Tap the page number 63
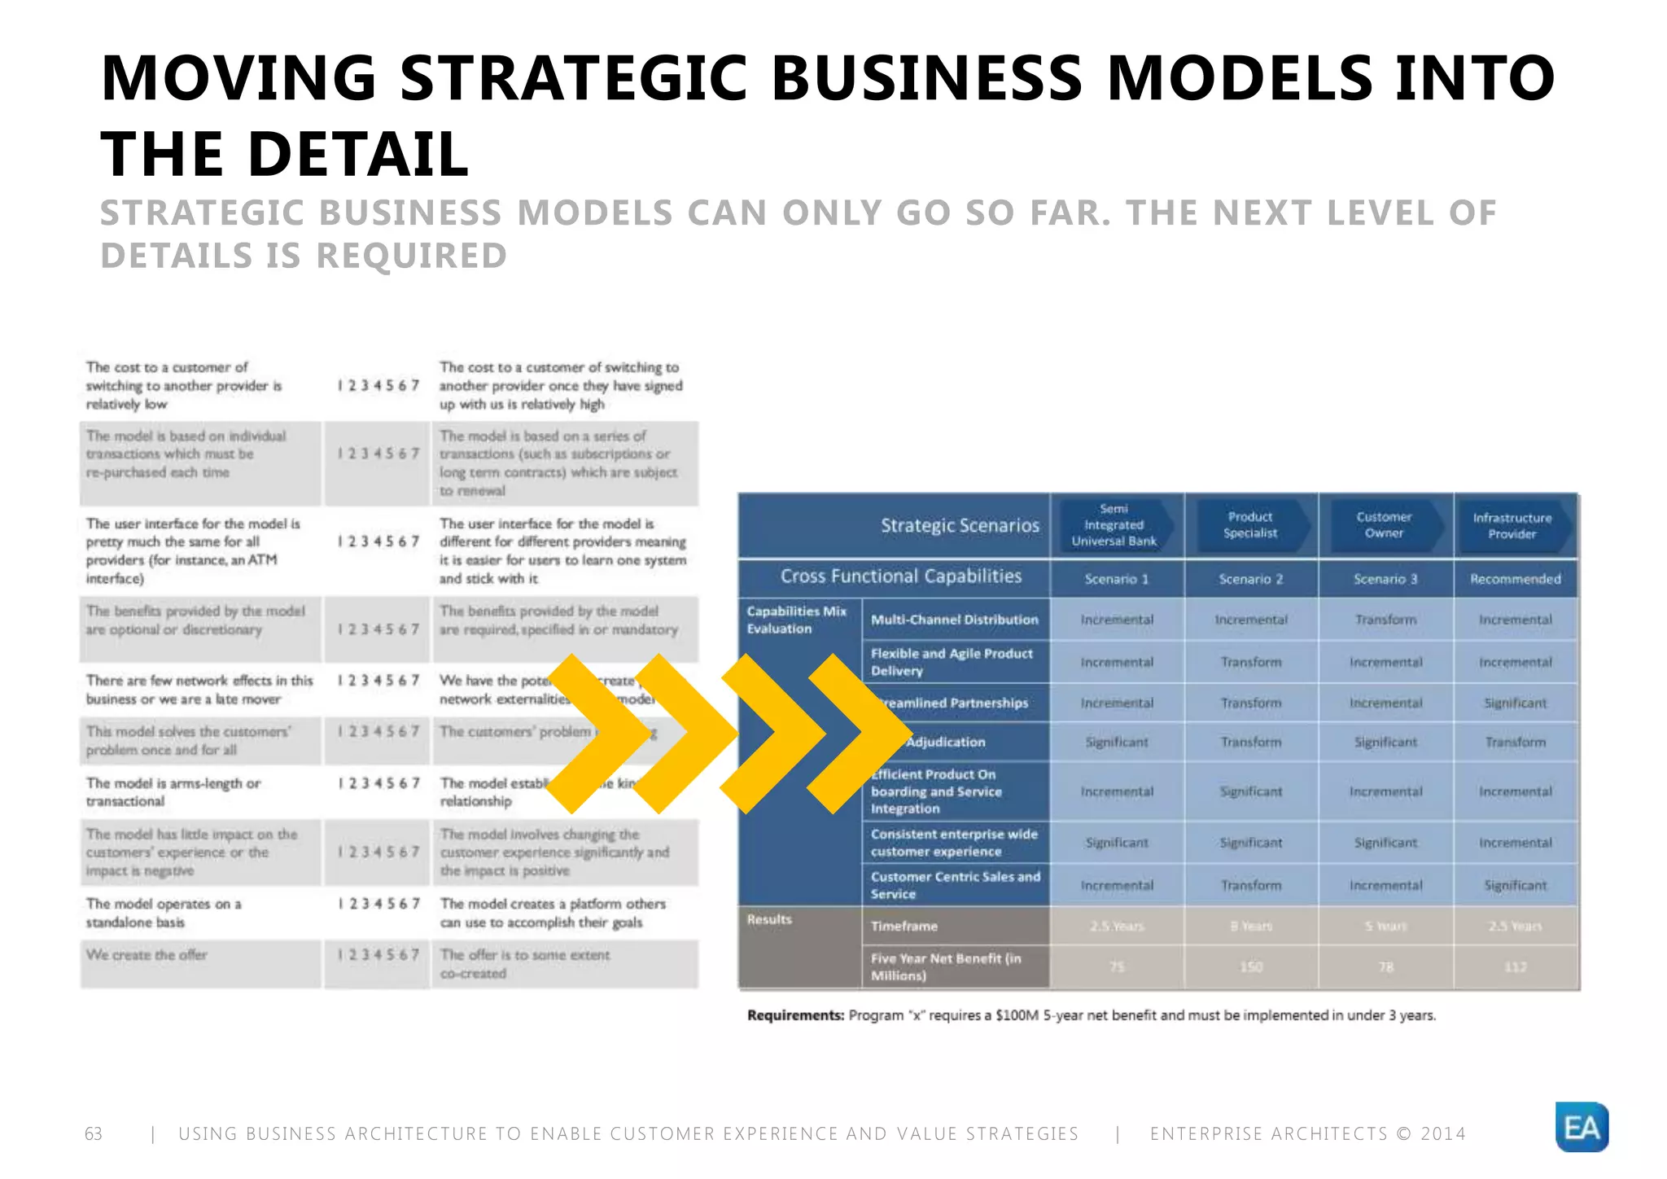[x=94, y=1133]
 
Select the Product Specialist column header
[x=1250, y=525]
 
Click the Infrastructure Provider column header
[x=1512, y=526]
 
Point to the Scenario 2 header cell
[x=1250, y=579]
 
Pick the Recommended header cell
[x=1515, y=579]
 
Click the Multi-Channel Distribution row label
[x=954, y=620]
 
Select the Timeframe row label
[x=904, y=926]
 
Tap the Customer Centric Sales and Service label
[x=955, y=885]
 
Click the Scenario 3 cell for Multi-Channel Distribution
[x=1385, y=620]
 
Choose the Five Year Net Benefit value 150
[x=1251, y=966]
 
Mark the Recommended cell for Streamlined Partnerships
[x=1515, y=703]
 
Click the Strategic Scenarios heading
[x=960, y=526]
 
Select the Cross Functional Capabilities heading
[x=900, y=576]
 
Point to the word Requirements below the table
[x=795, y=1015]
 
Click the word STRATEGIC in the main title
[x=573, y=78]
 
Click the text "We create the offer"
[x=147, y=954]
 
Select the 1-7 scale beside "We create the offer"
[x=378, y=954]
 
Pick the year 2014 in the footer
[x=1442, y=1133]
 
